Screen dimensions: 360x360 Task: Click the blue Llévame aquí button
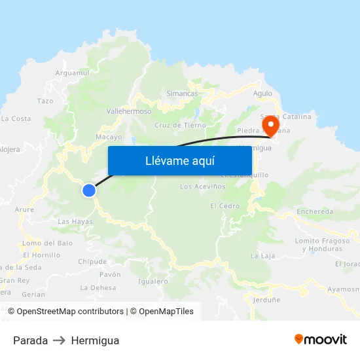pos(179,161)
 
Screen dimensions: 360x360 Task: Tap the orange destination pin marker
pos(270,124)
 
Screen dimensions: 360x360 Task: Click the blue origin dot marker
pos(88,190)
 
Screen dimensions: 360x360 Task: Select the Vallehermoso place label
pos(129,111)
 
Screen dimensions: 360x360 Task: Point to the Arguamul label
pos(72,73)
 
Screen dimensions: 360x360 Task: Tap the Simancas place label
pos(182,94)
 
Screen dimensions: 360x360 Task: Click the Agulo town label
pos(262,94)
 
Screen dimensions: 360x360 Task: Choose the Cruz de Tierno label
pos(180,125)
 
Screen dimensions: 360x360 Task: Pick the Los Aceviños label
pos(202,187)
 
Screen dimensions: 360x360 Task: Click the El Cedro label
pos(225,206)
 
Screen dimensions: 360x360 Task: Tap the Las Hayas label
pos(75,222)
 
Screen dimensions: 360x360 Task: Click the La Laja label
pos(262,255)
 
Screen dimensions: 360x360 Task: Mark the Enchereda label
pos(315,211)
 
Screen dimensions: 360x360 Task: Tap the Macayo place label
pos(109,137)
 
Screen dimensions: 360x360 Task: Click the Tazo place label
pos(45,101)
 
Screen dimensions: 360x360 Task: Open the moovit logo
pos(320,340)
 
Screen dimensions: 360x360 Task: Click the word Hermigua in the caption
pos(95,340)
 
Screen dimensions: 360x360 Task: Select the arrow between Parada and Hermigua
pos(60,340)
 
